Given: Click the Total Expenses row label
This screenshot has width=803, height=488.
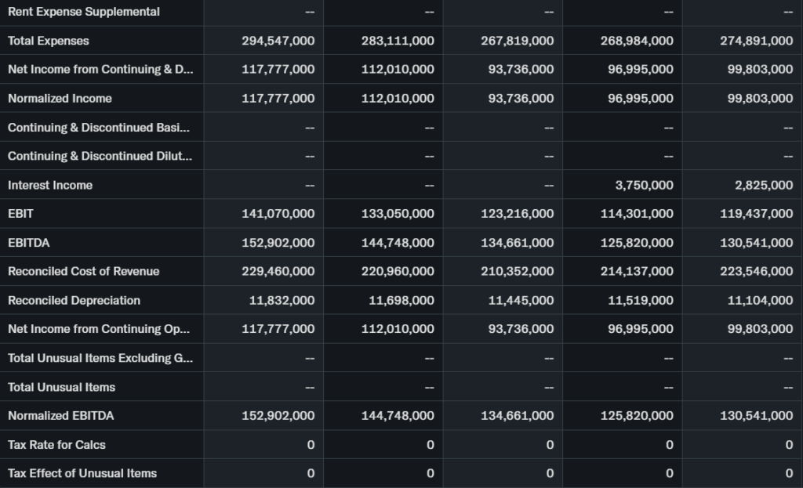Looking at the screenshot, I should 49,41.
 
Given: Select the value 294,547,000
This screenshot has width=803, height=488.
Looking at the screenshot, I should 278,41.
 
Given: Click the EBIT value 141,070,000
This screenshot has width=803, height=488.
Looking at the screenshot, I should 278,214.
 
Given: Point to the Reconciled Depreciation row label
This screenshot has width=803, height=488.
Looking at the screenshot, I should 74,300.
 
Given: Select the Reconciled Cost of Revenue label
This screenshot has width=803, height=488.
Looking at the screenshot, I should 83,271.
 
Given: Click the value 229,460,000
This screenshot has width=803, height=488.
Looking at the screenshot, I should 278,271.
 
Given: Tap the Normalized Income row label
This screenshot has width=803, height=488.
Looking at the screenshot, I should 60,98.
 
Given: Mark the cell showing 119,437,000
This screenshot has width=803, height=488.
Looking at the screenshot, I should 756,214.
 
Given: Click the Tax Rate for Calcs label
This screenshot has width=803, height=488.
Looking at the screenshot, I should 56,444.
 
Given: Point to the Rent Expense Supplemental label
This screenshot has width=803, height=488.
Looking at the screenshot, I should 83,12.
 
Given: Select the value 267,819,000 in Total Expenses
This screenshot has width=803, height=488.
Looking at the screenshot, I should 517,41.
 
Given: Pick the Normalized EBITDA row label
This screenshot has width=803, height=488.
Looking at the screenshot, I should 60,415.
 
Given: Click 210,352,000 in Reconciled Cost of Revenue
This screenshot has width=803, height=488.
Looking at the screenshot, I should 517,271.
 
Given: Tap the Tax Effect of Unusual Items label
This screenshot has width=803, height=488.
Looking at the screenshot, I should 82,473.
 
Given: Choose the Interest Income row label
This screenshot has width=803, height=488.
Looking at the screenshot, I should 50,185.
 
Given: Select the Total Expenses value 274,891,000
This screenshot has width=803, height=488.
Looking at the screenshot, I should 756,41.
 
